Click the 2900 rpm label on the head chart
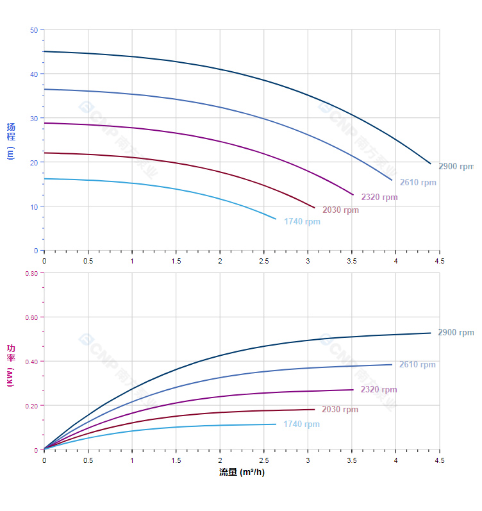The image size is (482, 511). coord(456,166)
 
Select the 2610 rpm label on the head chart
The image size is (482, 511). coord(418,182)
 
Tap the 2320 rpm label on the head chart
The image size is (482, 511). coord(379,197)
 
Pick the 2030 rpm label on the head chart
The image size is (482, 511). coord(340,210)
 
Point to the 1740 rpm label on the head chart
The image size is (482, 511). coord(302,222)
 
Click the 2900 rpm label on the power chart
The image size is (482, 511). coord(456,332)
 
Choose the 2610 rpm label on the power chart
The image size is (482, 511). coord(417,364)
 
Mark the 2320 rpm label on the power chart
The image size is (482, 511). coord(379,389)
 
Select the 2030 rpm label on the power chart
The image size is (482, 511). coord(340,409)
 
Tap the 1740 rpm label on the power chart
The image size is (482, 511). coord(301,424)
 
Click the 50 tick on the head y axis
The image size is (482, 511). coord(33,29)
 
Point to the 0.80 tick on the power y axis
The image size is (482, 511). coord(31,273)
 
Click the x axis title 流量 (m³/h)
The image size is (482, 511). coord(242,473)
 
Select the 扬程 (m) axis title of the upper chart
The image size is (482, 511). coord(11,140)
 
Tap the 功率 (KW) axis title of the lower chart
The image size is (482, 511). coord(11,365)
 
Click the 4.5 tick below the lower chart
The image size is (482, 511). coord(439,460)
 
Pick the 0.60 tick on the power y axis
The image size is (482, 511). coord(31,317)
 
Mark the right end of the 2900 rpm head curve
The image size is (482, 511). coord(431,163)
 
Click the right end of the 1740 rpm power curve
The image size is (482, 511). coord(276,424)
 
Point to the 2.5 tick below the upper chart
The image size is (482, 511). coord(263,261)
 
